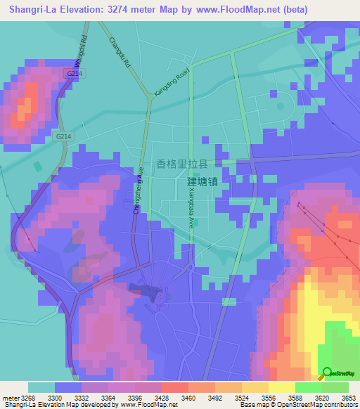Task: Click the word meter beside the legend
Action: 9,397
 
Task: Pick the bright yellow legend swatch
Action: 281,387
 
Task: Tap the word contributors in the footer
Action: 340,405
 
